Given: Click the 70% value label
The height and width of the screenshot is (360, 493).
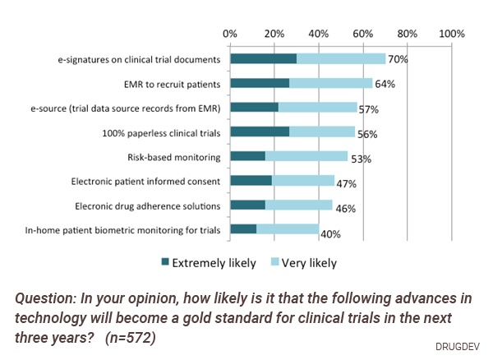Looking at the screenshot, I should [x=399, y=60].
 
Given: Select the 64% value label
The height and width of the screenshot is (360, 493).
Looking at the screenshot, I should [x=385, y=84].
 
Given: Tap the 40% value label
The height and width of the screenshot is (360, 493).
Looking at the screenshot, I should [x=330, y=234].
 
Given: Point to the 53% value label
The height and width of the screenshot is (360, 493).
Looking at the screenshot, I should [x=362, y=159].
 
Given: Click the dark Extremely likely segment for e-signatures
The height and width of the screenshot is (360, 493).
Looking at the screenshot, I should [x=263, y=59].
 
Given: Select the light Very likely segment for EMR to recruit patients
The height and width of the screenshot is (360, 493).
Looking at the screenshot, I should [x=331, y=83].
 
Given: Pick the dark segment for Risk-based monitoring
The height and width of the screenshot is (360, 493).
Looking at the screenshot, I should [x=247, y=156].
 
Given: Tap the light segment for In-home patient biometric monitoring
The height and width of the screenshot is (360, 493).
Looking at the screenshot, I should [x=288, y=229].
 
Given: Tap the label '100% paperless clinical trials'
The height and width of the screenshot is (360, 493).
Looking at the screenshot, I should [x=161, y=132].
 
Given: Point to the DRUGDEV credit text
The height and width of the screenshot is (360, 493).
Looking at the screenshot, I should [x=460, y=346].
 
